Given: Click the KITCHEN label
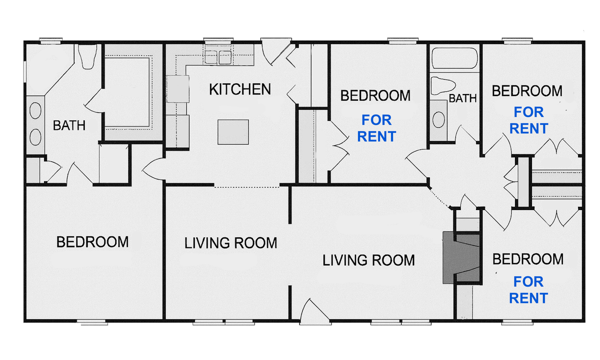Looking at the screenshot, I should pyautogui.click(x=239, y=89).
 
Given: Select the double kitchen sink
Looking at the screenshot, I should pyautogui.click(x=218, y=57).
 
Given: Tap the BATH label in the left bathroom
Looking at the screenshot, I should pyautogui.click(x=69, y=125).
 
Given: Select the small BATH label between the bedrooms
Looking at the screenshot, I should pyautogui.click(x=462, y=98).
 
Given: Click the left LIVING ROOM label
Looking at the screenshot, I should pyautogui.click(x=230, y=243).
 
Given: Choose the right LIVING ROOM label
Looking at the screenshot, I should pyautogui.click(x=368, y=260).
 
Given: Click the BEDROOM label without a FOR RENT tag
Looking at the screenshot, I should pyautogui.click(x=92, y=242).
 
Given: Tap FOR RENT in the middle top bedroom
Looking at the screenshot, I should pyautogui.click(x=377, y=128).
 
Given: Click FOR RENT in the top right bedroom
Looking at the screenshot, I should pyautogui.click(x=528, y=120).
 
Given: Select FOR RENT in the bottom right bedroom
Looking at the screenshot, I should pyautogui.click(x=528, y=290).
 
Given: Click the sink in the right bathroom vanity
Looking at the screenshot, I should pyautogui.click(x=438, y=119).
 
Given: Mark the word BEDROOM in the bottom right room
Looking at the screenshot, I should pyautogui.click(x=527, y=259).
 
